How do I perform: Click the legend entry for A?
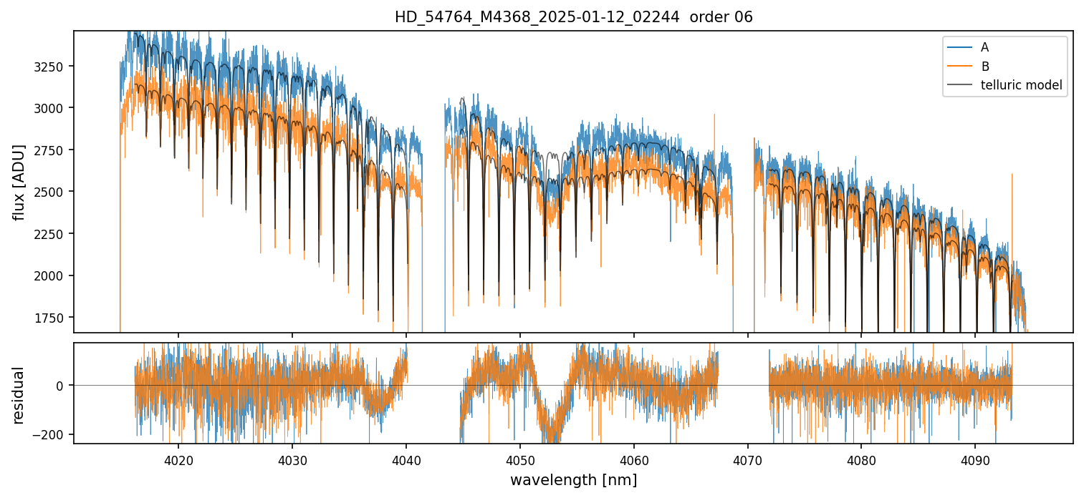tap(984, 47)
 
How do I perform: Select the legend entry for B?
tap(984, 67)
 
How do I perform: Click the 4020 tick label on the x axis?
tap(178, 459)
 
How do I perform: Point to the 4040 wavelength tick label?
tap(406, 459)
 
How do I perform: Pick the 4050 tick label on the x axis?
tap(520, 459)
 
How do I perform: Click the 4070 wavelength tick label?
tap(748, 459)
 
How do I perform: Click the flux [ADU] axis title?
tap(19, 182)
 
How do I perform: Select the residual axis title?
tap(19, 394)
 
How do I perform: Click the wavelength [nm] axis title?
tap(573, 479)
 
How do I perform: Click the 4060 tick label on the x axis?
tap(634, 459)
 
